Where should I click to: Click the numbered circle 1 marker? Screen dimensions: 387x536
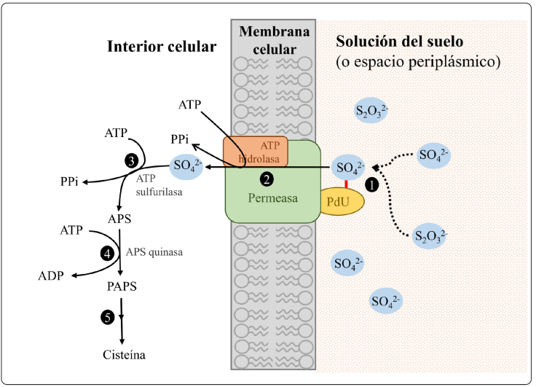click(372, 186)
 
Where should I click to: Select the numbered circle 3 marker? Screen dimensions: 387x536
click(131, 160)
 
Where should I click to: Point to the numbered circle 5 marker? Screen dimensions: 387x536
click(108, 317)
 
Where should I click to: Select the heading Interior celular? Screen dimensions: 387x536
click(162, 47)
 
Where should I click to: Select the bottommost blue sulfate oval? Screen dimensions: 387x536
click(386, 300)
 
